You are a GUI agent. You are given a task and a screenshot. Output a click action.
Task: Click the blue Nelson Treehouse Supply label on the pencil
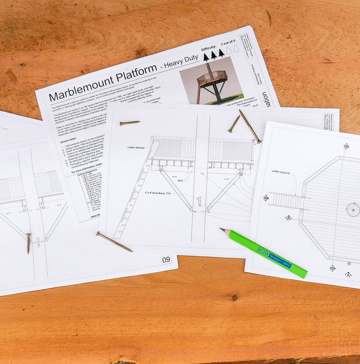click(x=274, y=258)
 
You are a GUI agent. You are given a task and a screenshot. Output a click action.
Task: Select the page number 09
click(x=166, y=259)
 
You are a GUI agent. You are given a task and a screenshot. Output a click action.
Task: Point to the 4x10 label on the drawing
click(x=180, y=180)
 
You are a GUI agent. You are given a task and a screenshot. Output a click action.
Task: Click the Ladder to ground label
click(x=280, y=173)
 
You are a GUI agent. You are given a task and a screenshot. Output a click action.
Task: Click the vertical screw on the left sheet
click(x=28, y=243)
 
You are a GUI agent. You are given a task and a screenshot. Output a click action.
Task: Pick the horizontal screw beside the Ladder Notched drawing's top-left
click(x=130, y=123)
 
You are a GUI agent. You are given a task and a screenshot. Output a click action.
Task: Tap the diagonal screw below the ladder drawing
click(x=114, y=242)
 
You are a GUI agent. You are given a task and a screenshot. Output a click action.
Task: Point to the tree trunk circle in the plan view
click(x=353, y=210)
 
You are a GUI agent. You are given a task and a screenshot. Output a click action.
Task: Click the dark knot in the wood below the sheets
click(x=234, y=298)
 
